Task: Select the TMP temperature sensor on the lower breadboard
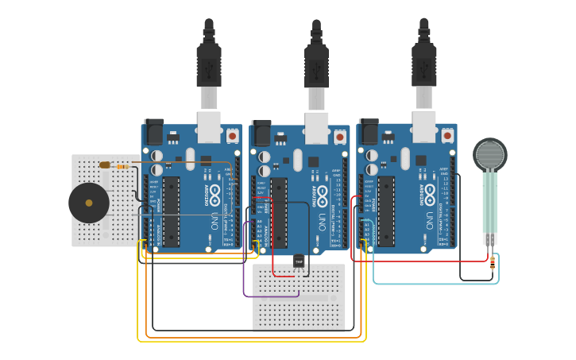299,261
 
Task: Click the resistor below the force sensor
493,262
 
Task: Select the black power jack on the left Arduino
153,132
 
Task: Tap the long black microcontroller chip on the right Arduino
386,211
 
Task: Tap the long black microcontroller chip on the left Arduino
171,211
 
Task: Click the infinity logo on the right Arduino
430,192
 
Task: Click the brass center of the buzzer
89,203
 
